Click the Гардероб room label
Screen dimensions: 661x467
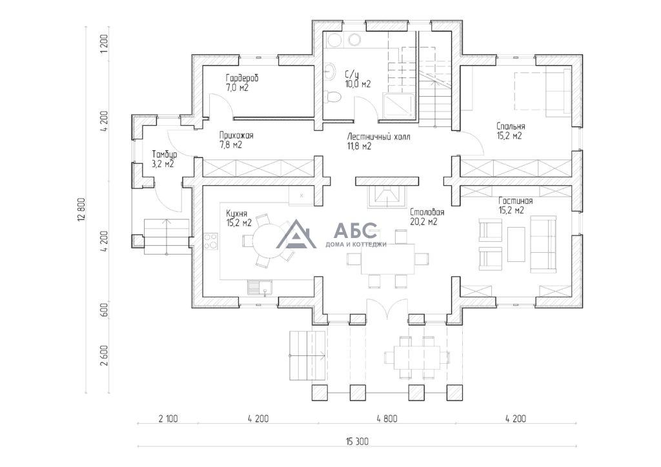(x=243, y=78)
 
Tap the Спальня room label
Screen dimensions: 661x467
(x=511, y=126)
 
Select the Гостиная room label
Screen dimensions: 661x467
(x=515, y=201)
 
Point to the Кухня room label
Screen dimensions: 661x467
(x=236, y=213)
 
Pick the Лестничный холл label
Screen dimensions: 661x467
(x=378, y=137)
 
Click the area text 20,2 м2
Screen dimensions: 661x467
(x=423, y=221)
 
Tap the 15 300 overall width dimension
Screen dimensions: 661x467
(x=356, y=441)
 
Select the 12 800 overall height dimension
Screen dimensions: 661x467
(x=82, y=209)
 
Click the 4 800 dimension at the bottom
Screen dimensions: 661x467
(x=387, y=419)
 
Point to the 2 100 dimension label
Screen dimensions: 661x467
(x=168, y=419)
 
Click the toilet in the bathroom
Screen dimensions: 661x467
(x=332, y=97)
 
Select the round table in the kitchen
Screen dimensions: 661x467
(x=267, y=241)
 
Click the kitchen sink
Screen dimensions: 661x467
(x=260, y=288)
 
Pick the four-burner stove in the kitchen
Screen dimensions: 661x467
(x=211, y=241)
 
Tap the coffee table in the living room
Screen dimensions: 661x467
(x=516, y=244)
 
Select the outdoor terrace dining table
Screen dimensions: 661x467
(x=417, y=358)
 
